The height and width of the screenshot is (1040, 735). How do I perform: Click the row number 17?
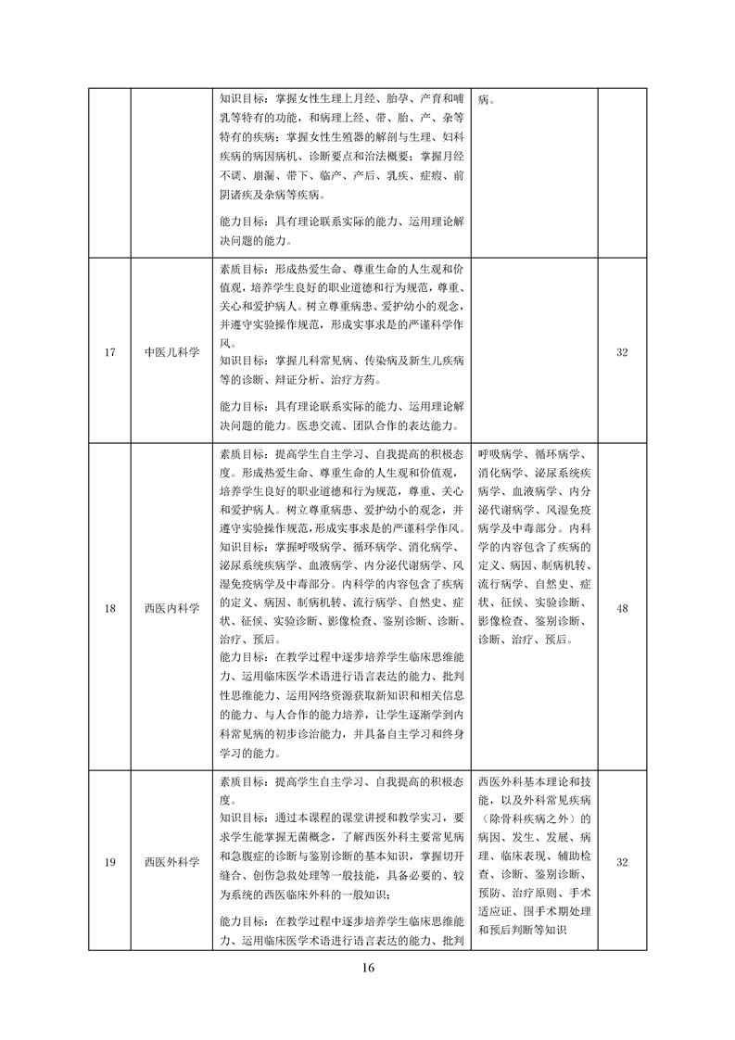pyautogui.click(x=109, y=352)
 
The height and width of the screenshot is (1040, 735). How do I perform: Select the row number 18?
pyautogui.click(x=109, y=608)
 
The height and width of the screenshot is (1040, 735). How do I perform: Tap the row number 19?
pyautogui.click(x=109, y=863)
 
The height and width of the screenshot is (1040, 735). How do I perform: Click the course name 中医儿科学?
pyautogui.click(x=171, y=352)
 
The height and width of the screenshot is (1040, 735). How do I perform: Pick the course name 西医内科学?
pyautogui.click(x=171, y=608)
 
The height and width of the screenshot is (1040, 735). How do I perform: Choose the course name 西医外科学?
pyautogui.click(x=171, y=863)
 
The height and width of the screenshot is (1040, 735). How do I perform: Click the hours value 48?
pyautogui.click(x=622, y=608)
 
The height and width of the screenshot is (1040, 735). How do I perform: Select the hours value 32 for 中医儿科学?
pyautogui.click(x=622, y=352)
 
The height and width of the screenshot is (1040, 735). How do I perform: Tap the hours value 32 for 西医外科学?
pyautogui.click(x=622, y=863)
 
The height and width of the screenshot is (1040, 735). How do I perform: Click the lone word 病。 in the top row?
pyautogui.click(x=488, y=99)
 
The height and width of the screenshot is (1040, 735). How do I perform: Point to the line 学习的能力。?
pyautogui.click(x=257, y=747)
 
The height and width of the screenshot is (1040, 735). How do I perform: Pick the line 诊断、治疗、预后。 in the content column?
pyautogui.click(x=526, y=640)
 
